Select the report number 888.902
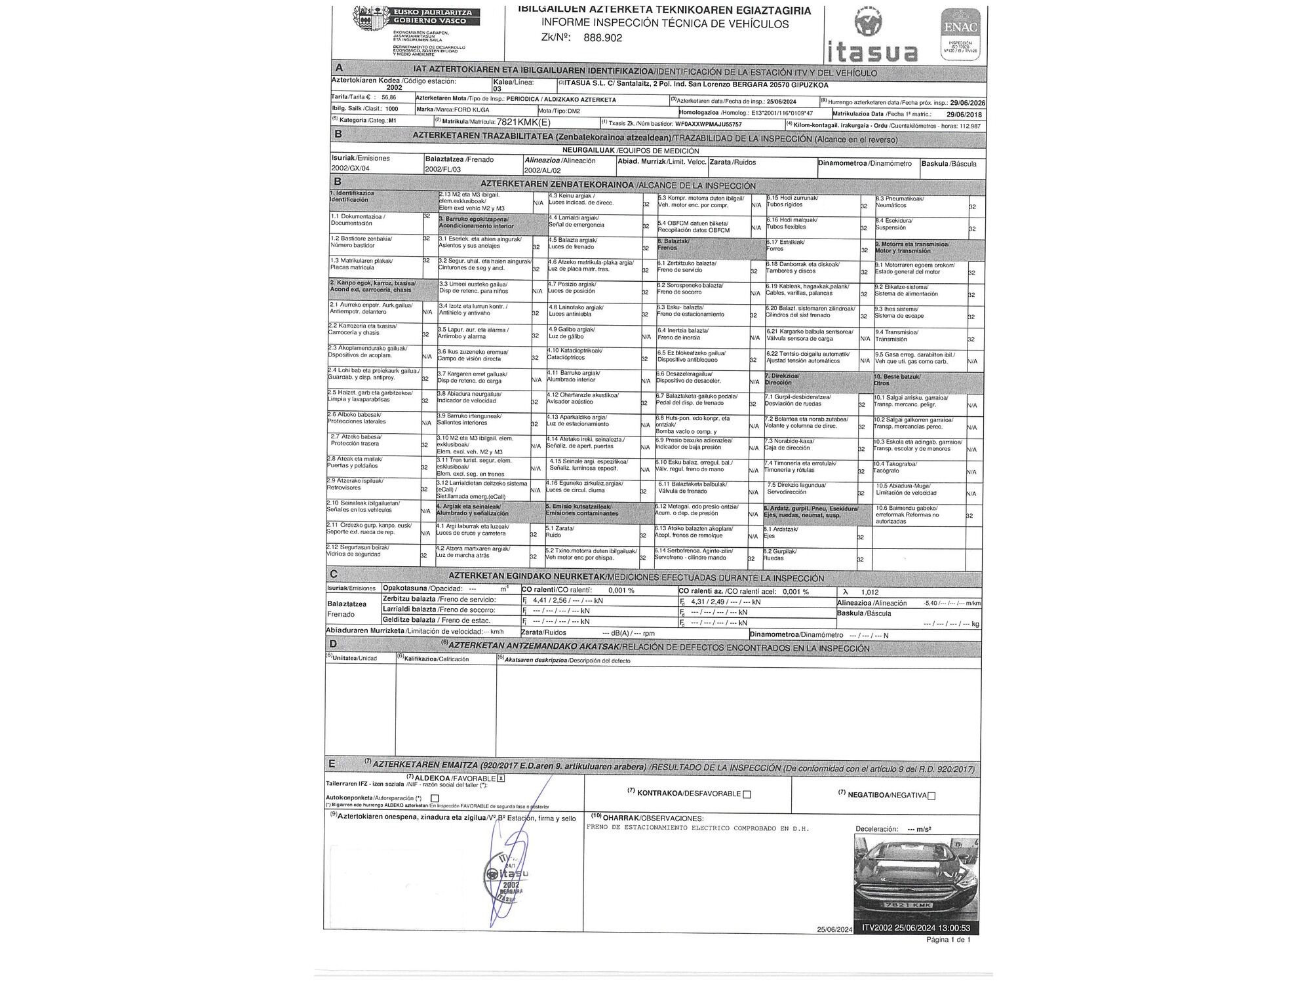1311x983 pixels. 602,38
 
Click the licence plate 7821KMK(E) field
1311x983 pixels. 524,122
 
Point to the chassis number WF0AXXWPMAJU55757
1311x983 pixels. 708,124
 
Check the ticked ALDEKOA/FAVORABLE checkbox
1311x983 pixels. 501,778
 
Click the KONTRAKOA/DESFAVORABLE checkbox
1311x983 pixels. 747,794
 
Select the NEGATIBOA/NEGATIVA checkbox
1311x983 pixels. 931,796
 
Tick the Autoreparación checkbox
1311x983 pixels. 435,798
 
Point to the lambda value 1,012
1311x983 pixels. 870,592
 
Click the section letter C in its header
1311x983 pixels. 334,574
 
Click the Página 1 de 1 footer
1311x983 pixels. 948,940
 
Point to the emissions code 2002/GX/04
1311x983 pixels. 350,168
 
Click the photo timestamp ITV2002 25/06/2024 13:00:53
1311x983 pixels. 916,928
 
